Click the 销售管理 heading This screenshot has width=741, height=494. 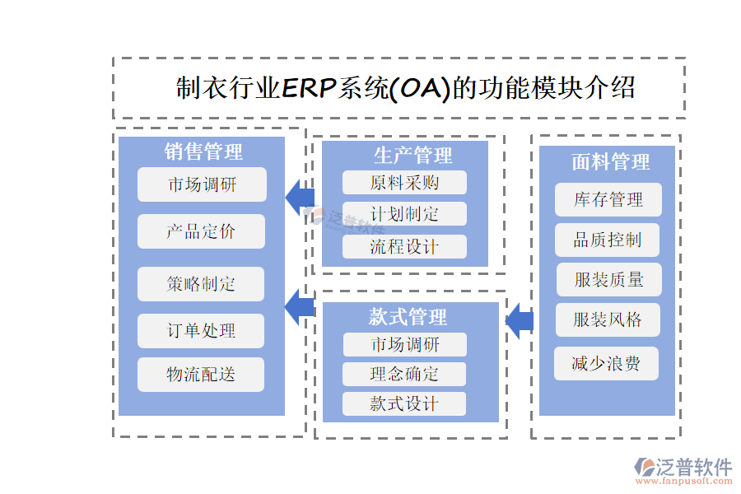203,152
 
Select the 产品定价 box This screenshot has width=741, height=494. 201,231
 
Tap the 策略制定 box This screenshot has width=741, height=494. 201,284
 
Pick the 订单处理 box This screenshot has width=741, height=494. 201,331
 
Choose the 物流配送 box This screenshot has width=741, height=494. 201,375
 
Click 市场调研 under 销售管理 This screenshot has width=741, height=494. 202,184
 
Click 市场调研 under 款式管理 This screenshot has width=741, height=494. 404,344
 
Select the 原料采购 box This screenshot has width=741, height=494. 404,183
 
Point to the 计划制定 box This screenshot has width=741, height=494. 404,214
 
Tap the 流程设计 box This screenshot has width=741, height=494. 404,246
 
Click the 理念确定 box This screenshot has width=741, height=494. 404,374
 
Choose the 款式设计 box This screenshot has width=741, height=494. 404,403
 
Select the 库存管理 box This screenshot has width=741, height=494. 608,200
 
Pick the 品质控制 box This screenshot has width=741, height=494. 608,240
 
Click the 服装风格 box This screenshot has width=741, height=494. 608,319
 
